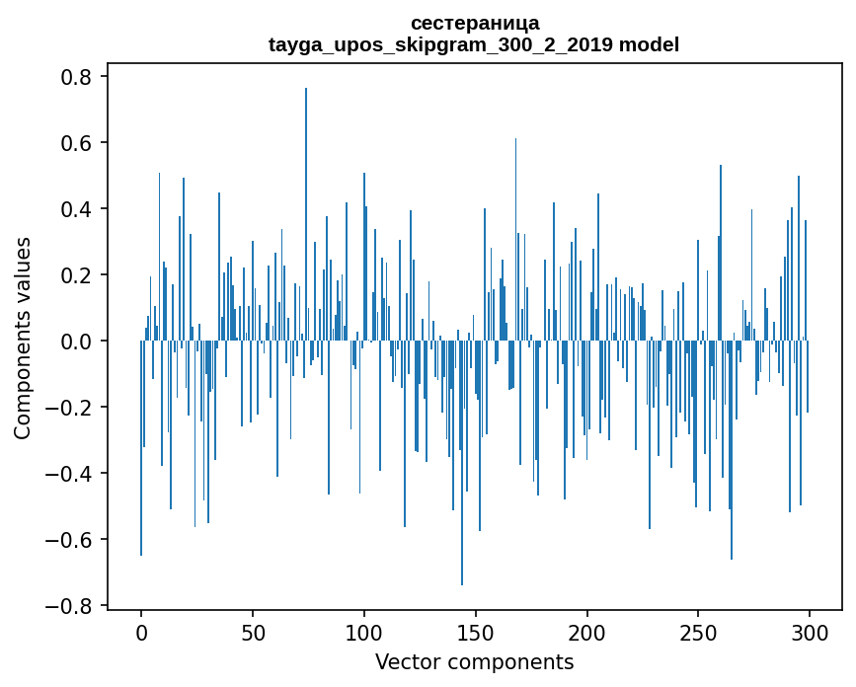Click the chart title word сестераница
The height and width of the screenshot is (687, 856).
pyautogui.click(x=474, y=23)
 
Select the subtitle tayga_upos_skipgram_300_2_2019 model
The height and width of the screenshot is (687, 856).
pyautogui.click(x=474, y=44)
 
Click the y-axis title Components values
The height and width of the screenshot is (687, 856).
pyautogui.click(x=23, y=338)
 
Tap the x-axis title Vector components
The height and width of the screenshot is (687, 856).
pyautogui.click(x=474, y=661)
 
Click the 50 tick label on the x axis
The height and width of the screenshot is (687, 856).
pyautogui.click(x=253, y=631)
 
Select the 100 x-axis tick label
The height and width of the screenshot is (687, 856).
pyautogui.click(x=364, y=631)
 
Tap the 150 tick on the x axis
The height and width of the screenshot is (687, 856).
pyautogui.click(x=475, y=631)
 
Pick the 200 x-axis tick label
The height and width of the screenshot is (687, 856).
pyautogui.click(x=586, y=631)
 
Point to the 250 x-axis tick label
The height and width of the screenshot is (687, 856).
pyautogui.click(x=698, y=631)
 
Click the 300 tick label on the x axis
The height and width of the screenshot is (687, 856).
pyautogui.click(x=810, y=631)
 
